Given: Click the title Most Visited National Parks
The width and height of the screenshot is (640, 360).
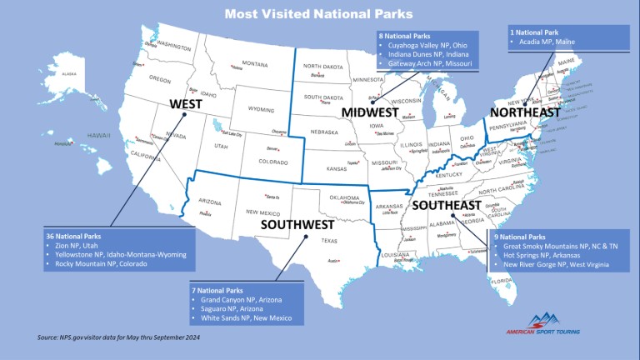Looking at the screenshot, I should pyautogui.click(x=319, y=12).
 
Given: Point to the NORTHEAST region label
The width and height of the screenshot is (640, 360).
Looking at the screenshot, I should pyautogui.click(x=525, y=112).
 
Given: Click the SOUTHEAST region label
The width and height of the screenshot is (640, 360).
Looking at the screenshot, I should pyautogui.click(x=446, y=205).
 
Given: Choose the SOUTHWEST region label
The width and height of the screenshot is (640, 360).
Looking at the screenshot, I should pyautogui.click(x=297, y=224).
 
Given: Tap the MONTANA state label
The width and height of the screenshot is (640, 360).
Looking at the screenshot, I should pyautogui.click(x=255, y=64).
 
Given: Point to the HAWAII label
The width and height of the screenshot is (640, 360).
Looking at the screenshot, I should pyautogui.click(x=98, y=135).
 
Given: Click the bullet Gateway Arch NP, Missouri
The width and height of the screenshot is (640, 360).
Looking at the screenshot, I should pyautogui.click(x=429, y=62).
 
